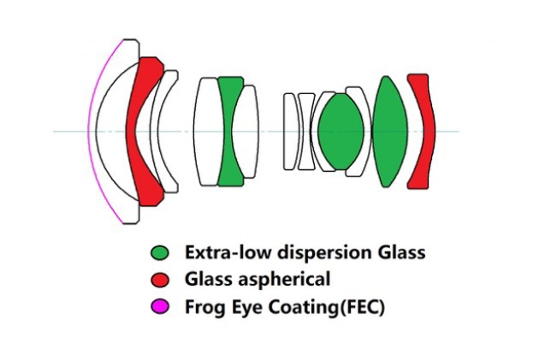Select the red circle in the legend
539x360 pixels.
[x=160, y=279]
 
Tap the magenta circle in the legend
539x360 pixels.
[x=160, y=305]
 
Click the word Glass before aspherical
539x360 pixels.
[x=208, y=280]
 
